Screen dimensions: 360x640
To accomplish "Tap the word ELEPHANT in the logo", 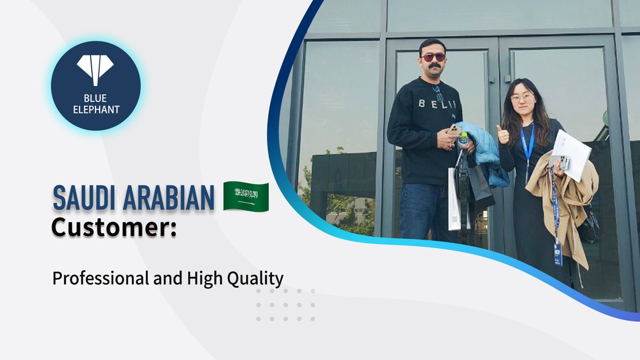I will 95,110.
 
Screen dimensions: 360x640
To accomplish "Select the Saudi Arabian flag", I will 245,196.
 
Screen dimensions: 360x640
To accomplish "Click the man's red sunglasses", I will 433,57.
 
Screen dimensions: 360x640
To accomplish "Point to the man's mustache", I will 435,66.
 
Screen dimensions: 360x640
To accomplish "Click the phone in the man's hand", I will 454,130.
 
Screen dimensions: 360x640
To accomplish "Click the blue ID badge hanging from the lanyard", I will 558,254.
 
